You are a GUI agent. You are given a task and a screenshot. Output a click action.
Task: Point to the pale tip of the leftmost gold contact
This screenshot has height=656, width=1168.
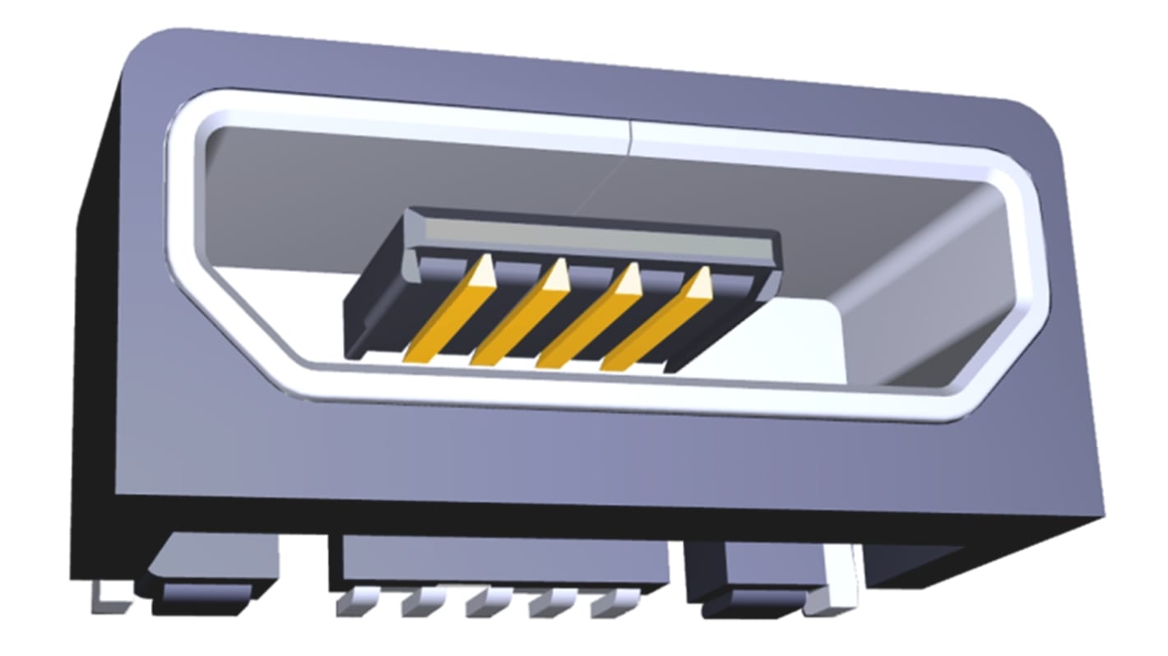(484, 269)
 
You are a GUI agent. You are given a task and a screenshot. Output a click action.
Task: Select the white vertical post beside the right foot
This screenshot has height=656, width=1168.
(842, 580)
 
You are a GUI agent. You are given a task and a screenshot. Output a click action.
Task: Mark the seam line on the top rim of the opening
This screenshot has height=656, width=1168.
(628, 136)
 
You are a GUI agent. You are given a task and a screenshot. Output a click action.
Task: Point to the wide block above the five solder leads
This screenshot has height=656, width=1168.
(502, 561)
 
